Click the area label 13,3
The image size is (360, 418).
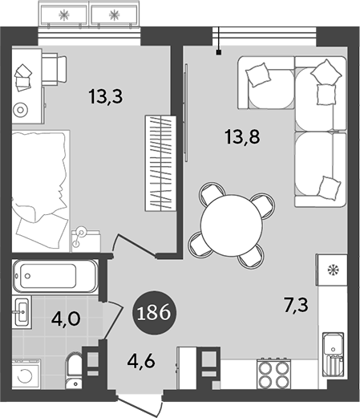(106, 97)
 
